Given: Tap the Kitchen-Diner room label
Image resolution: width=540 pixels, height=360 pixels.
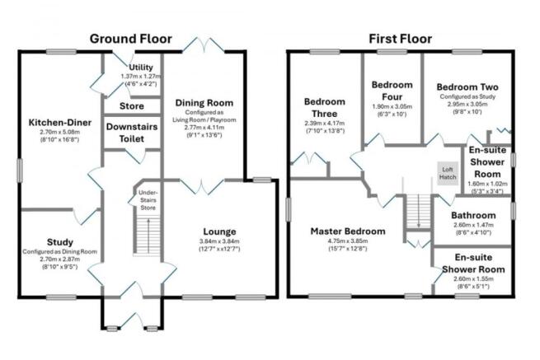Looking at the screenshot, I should [55, 122].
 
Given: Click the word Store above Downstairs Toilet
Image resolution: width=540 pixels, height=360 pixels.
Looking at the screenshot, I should [131, 105].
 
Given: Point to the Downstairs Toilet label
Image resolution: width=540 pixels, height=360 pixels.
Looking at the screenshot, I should [131, 132].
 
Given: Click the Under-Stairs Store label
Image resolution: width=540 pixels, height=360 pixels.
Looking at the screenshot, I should [148, 199].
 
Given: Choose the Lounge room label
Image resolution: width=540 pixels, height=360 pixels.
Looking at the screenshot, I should [218, 231].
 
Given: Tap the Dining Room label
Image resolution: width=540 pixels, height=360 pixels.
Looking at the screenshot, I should [204, 103].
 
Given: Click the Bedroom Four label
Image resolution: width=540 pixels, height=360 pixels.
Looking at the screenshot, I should [392, 90].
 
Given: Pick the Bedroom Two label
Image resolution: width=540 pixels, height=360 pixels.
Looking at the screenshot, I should [464, 86].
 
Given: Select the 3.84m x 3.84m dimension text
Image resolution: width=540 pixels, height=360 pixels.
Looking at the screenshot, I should [218, 242].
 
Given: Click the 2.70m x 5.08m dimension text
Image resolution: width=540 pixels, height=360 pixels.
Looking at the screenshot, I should [55, 132].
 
